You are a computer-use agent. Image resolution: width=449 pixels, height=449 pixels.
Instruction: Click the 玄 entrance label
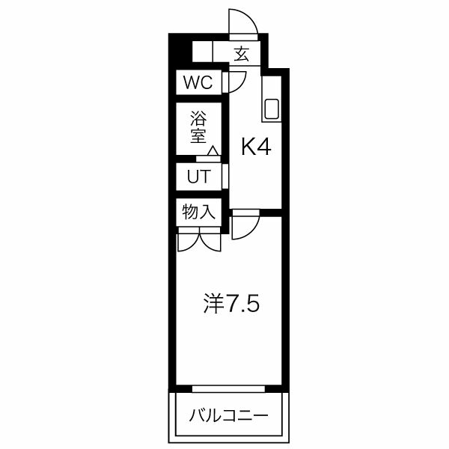(241, 54)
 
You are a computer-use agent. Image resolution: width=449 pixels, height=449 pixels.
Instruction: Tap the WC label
(199, 82)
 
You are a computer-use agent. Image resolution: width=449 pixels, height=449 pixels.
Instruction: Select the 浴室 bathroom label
(198, 127)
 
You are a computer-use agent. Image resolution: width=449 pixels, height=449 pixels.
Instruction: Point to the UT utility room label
(198, 177)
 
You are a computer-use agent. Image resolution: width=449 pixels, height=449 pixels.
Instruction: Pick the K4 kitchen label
(254, 147)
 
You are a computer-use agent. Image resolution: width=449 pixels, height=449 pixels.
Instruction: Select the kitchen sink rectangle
(271, 109)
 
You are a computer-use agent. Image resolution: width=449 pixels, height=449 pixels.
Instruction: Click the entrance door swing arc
(247, 22)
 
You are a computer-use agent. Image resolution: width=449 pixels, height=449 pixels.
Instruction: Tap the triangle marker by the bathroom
(213, 152)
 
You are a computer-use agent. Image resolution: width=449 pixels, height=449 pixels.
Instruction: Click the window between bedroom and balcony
(227, 389)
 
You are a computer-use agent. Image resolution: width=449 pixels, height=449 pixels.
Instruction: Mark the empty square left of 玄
(202, 52)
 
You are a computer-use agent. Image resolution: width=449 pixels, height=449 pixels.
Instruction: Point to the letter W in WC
(192, 82)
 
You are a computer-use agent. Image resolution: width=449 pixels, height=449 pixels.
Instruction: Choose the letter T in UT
(205, 177)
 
